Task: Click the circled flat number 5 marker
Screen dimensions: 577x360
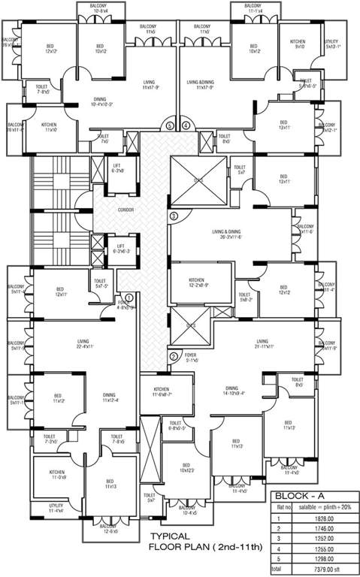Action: [x=171, y=125]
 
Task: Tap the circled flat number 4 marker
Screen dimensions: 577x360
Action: [x=186, y=125]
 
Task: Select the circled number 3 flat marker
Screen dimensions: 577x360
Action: [x=174, y=216]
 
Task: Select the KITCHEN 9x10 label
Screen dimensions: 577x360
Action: [x=300, y=44]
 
